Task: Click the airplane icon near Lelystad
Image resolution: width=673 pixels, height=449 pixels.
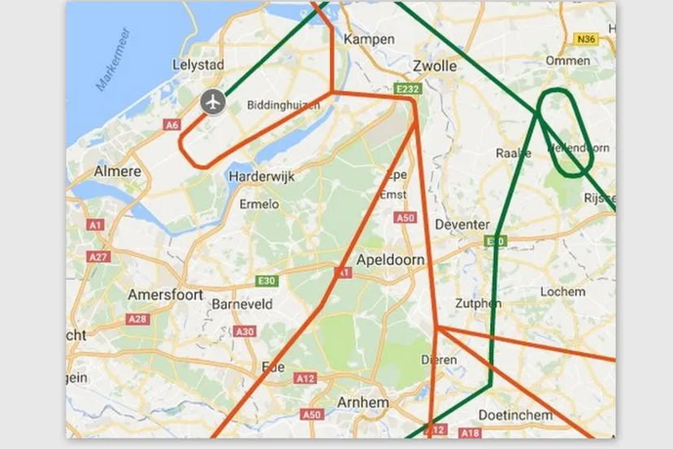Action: (213, 102)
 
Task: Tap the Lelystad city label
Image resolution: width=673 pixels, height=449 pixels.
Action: (198, 65)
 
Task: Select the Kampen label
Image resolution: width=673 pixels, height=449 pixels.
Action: (369, 39)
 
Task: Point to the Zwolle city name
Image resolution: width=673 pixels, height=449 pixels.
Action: (435, 66)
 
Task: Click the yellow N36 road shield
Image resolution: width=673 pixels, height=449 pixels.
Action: (584, 39)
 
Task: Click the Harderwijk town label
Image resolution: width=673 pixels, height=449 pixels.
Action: (260, 177)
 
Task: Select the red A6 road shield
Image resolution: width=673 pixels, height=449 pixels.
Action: (172, 124)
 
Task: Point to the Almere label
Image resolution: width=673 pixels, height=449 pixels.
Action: (117, 172)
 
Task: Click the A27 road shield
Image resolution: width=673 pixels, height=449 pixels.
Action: (98, 256)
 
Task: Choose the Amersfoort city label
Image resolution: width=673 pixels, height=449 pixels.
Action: (165, 294)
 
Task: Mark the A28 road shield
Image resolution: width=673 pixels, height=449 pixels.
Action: (137, 320)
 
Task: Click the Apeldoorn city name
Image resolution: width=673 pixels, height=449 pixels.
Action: (390, 260)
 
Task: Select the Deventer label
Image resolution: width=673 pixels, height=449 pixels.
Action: (462, 224)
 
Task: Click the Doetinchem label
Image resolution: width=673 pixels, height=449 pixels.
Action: (515, 415)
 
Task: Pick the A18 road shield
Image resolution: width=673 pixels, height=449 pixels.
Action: (469, 434)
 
